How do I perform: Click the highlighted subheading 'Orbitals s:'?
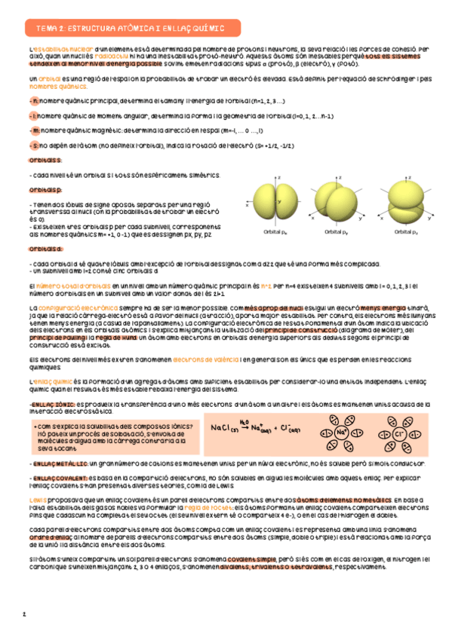coord(45,161)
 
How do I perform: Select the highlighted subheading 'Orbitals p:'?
coord(45,191)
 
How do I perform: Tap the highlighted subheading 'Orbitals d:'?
coord(45,249)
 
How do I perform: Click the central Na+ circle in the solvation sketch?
coord(341,433)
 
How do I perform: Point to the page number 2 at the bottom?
coord(24,614)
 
